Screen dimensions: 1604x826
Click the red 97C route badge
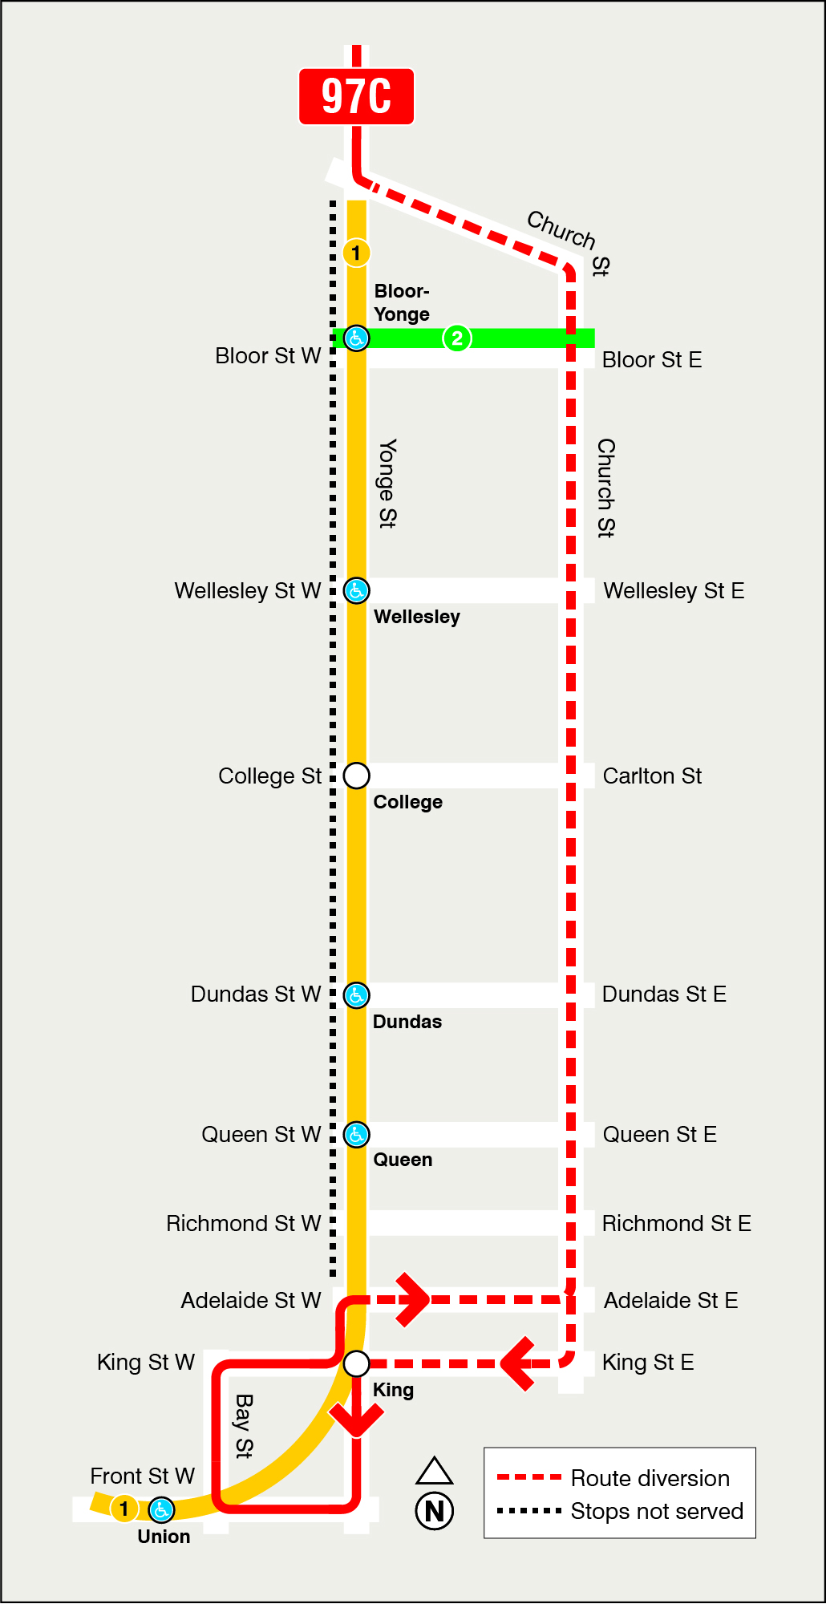click(x=356, y=96)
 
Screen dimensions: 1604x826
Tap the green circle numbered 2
click(x=457, y=338)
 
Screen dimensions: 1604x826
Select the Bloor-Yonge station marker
click(x=356, y=338)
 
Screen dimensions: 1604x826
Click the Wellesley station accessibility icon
click(x=356, y=591)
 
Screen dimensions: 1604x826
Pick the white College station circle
click(x=356, y=776)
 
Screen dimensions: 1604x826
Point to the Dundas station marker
click(x=356, y=995)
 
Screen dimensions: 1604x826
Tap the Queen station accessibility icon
click(x=356, y=1135)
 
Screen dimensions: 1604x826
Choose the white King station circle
click(x=356, y=1363)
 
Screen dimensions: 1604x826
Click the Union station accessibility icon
click(x=161, y=1510)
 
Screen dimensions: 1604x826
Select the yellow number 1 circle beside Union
click(x=124, y=1509)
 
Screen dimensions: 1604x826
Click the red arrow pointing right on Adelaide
click(x=414, y=1299)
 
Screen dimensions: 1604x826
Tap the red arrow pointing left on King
click(x=518, y=1363)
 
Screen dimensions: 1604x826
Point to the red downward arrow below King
click(x=356, y=1419)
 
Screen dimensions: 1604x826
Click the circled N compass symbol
click(x=435, y=1511)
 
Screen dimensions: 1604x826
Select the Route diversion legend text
click(x=650, y=1478)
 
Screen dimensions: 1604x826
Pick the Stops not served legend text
click(x=657, y=1511)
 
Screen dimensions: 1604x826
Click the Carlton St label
click(x=652, y=776)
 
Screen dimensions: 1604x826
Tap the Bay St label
click(x=244, y=1426)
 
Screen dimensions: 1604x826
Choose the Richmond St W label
click(x=243, y=1224)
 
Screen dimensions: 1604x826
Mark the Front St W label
click(x=142, y=1476)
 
